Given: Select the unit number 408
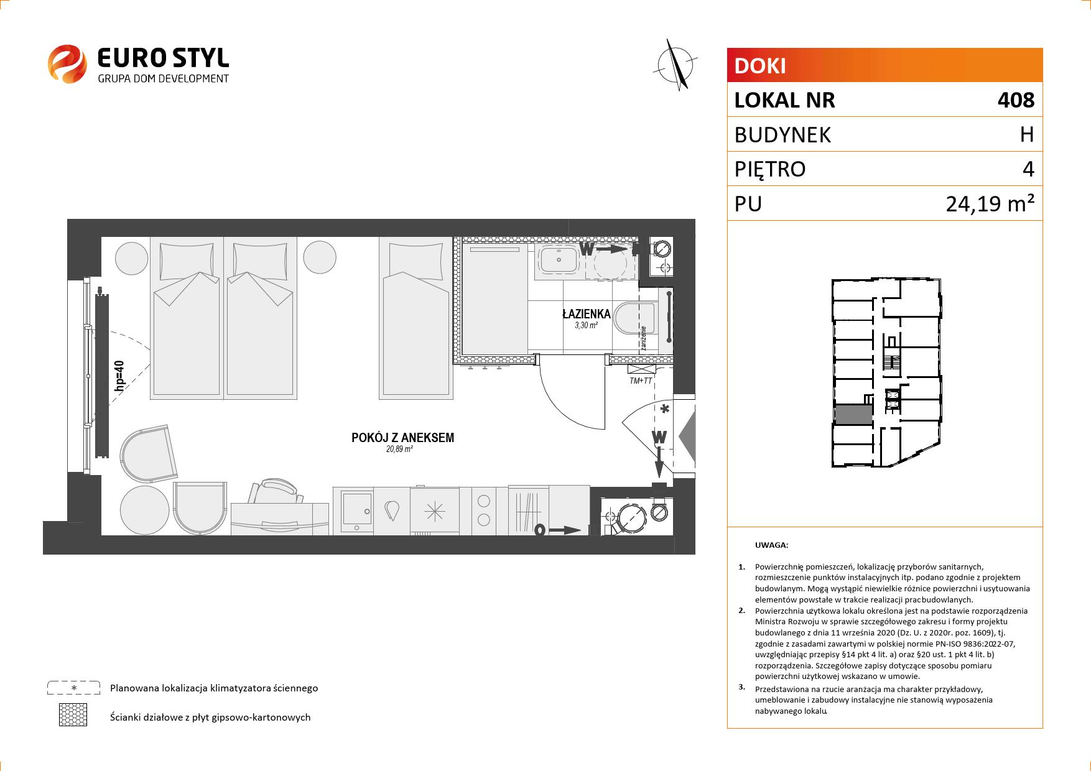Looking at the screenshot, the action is click(x=1015, y=100).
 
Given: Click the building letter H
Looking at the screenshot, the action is click(x=1027, y=134).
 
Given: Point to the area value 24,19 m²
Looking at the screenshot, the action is click(x=990, y=203).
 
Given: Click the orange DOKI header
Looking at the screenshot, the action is click(x=884, y=65).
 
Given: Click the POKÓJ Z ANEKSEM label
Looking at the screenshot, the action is click(x=402, y=438).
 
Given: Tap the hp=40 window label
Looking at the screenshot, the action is click(x=119, y=376).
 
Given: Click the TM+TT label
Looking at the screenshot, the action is click(x=641, y=381).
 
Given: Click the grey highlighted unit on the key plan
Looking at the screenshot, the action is click(x=853, y=414).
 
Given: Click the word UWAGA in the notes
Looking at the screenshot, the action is click(x=771, y=545).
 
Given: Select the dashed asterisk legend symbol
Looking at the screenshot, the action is click(x=74, y=688).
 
